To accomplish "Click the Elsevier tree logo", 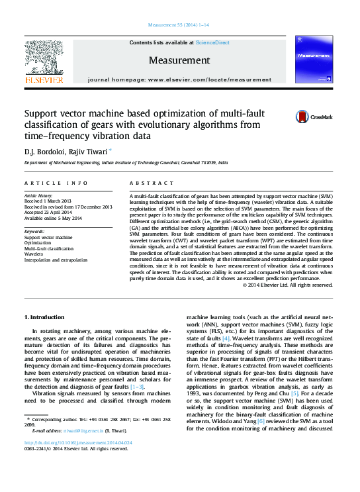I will [44, 62].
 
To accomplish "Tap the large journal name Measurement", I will [179, 60].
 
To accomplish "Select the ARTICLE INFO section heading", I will [56, 183].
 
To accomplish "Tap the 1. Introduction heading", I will [44, 318].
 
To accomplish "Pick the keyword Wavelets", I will [34, 254].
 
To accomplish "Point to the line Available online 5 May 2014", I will [53, 218].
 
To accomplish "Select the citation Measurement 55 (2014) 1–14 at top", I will [179, 25].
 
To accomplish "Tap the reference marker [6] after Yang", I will [260, 421].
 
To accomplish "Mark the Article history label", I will [38, 196].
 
